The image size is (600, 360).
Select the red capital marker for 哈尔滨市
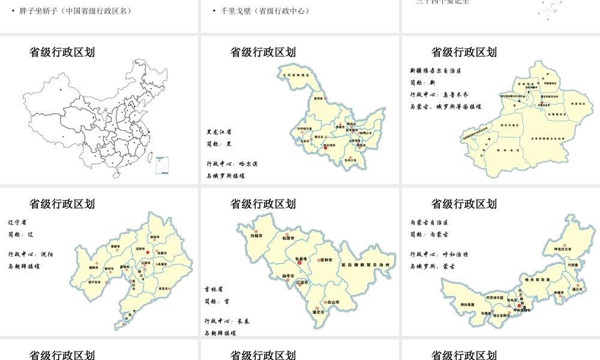(x=326, y=148)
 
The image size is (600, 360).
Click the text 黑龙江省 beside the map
(x=219, y=131)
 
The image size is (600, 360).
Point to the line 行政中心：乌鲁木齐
(x=439, y=95)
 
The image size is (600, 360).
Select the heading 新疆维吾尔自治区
(x=435, y=71)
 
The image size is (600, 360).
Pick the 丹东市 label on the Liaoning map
(x=163, y=289)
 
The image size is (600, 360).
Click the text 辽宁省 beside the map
(x=17, y=222)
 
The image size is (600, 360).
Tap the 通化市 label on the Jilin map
(x=319, y=312)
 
